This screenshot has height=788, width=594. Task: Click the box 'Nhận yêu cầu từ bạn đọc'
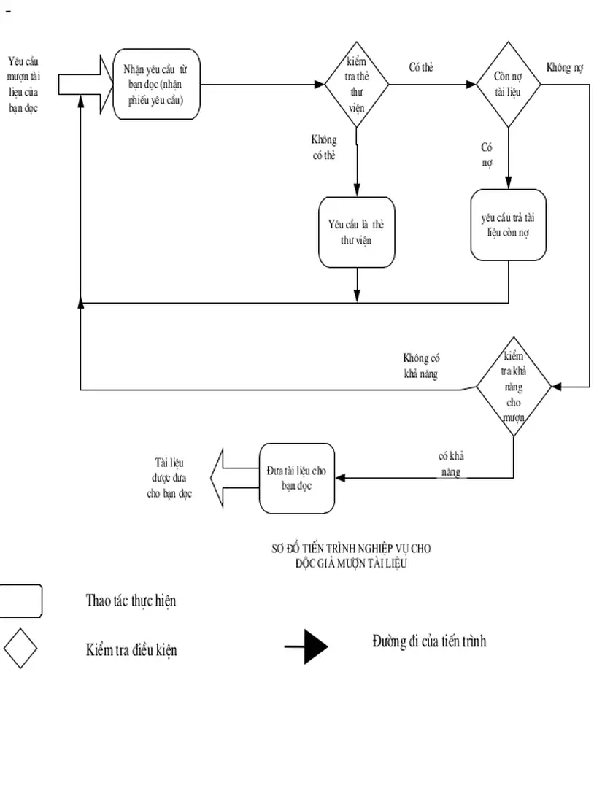coord(156,85)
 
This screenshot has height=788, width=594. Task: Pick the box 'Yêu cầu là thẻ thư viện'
coord(356,232)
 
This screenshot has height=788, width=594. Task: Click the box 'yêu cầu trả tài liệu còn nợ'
coord(508,225)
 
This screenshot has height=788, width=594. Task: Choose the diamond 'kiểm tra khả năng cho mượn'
coord(514,387)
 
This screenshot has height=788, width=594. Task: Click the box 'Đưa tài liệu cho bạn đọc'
coord(297,478)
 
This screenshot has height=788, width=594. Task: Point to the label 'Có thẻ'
coord(420,68)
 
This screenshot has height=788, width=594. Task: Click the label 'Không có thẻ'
coord(323,147)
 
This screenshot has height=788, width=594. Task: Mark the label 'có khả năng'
coord(451,464)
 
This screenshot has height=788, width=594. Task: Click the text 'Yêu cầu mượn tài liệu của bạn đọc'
coord(23,85)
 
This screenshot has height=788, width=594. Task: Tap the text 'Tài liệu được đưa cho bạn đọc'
coord(169,478)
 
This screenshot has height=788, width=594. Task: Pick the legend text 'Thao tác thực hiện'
coord(131,601)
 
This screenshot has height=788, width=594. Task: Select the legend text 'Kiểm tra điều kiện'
coord(131,648)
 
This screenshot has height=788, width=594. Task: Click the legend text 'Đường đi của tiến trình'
coord(428,641)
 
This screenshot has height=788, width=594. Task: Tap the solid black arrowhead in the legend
coord(315,646)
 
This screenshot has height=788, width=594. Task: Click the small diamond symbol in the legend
coord(20,647)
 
